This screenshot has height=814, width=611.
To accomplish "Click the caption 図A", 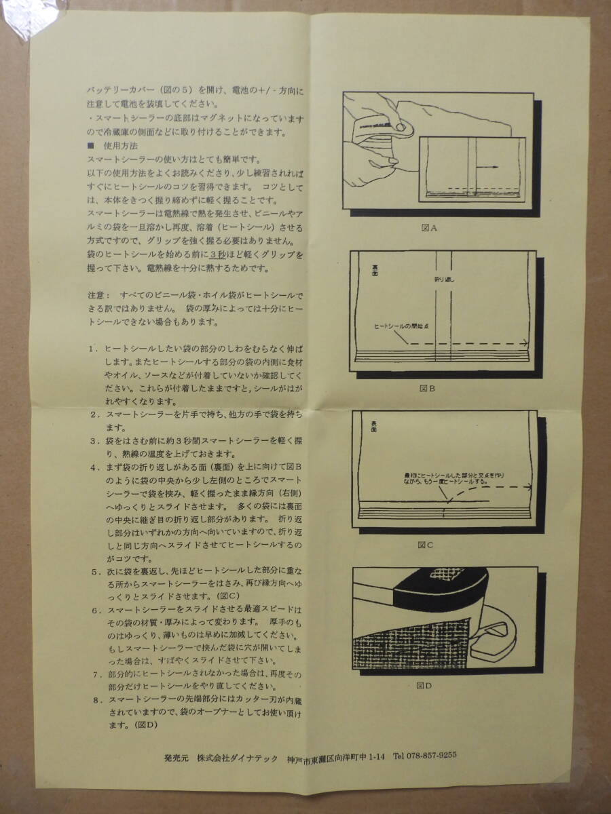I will [x=428, y=228].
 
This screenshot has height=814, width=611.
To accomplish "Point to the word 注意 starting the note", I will [x=97, y=296].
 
